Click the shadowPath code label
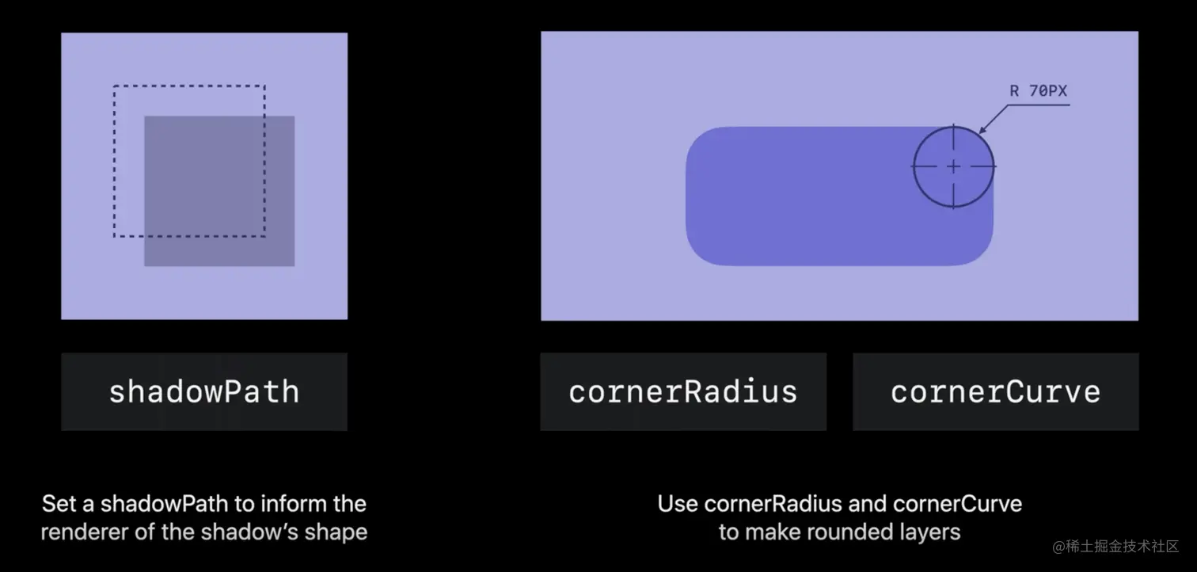tap(204, 392)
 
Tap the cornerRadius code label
tap(683, 392)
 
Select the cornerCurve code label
tap(996, 392)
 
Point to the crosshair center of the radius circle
tap(953, 167)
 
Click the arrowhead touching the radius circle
tap(982, 129)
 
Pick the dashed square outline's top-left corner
tap(114, 86)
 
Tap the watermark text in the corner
tap(1115, 546)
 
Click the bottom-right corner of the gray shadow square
tap(294, 265)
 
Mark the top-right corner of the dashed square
tap(264, 86)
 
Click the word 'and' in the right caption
tap(868, 504)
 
